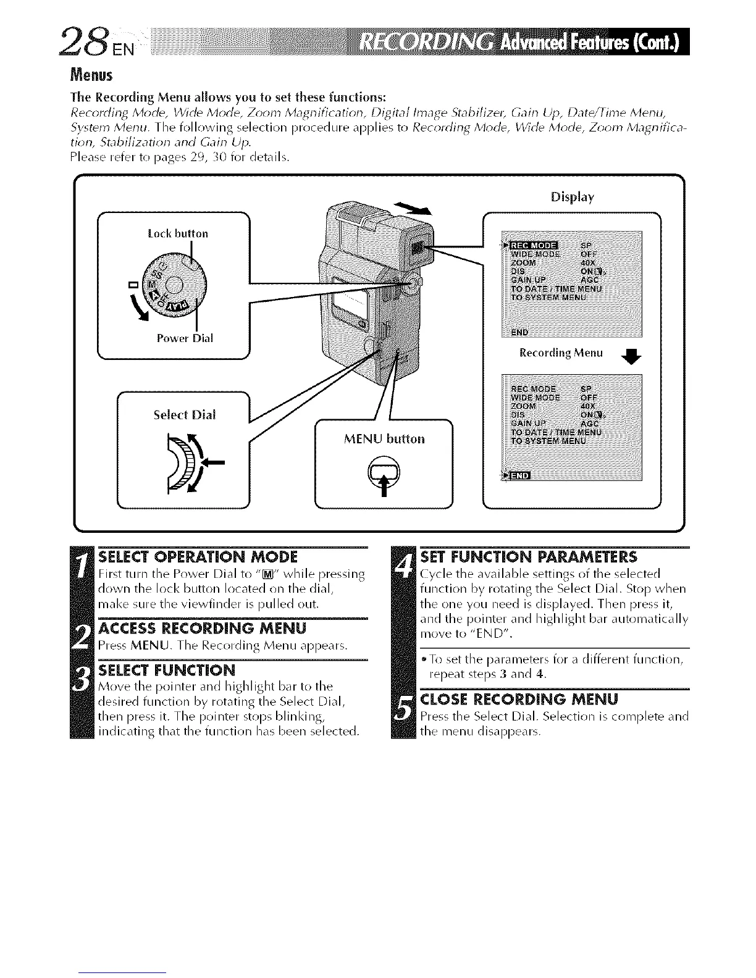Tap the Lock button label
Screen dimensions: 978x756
point(178,233)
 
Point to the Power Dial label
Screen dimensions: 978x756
point(185,338)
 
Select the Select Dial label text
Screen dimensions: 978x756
point(185,414)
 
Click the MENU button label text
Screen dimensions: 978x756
point(384,439)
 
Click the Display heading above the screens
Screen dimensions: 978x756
point(572,198)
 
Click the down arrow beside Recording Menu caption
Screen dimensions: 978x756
point(631,356)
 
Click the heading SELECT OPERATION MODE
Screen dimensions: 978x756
point(198,556)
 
